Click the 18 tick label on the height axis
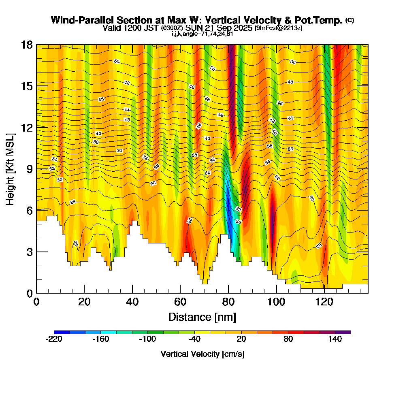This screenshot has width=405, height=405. [x=27, y=45]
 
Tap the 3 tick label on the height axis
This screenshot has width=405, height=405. [x=29, y=252]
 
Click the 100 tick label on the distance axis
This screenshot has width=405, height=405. [x=277, y=302]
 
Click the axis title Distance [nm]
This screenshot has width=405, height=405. [x=202, y=317]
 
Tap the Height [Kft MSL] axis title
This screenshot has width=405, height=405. [x=11, y=168]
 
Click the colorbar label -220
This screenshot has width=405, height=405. [x=54, y=339]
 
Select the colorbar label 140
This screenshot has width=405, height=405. [x=335, y=339]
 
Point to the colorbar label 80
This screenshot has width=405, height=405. [x=288, y=339]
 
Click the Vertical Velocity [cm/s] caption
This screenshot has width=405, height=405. [x=202, y=354]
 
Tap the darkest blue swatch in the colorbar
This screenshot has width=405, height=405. [x=62, y=332]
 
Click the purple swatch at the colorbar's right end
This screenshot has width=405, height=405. [x=343, y=332]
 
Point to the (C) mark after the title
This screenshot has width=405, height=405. [x=350, y=20]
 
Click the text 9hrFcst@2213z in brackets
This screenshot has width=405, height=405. [x=278, y=28]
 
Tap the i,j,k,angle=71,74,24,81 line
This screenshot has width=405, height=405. [x=202, y=34]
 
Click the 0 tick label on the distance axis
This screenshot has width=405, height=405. [x=36, y=302]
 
